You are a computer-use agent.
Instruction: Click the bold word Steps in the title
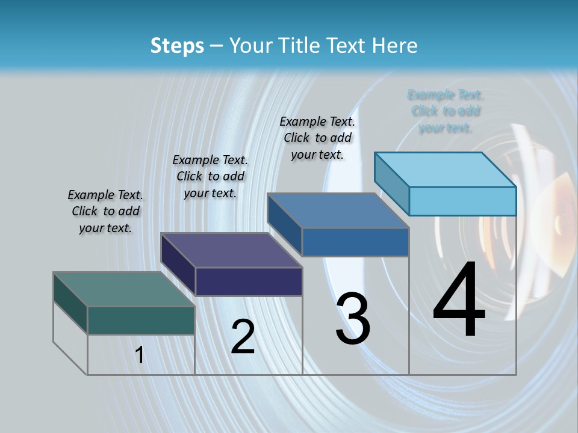click(176, 46)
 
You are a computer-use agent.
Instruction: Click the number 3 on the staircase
click(353, 319)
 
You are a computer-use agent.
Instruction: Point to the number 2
click(243, 337)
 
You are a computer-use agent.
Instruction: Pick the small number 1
click(140, 355)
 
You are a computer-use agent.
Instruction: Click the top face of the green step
click(123, 289)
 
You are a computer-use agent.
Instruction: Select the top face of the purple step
click(231, 250)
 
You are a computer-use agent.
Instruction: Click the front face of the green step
click(141, 320)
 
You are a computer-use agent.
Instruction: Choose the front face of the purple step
click(249, 281)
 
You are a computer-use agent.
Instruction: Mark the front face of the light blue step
click(462, 201)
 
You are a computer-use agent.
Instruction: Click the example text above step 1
click(105, 211)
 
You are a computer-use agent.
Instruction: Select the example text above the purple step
click(210, 176)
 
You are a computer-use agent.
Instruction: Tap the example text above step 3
click(317, 138)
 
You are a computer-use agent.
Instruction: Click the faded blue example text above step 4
click(446, 111)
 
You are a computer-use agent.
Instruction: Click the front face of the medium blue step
click(355, 242)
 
